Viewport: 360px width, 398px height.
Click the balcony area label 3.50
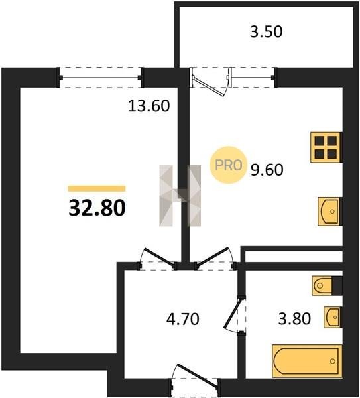point(266,33)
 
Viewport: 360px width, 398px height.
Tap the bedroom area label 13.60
point(149,106)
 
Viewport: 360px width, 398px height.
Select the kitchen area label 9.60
point(267,170)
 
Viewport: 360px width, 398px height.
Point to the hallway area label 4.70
point(183,319)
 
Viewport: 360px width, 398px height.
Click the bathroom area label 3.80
point(294,319)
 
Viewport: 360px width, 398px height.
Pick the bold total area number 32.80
point(97,208)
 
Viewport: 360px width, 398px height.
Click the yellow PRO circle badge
point(228,165)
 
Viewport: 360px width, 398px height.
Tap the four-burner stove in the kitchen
point(326,147)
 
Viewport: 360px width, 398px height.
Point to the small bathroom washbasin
point(333,317)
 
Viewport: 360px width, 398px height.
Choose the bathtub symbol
point(307,361)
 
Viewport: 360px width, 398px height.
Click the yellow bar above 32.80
point(97,188)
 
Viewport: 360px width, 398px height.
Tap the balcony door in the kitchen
point(211,82)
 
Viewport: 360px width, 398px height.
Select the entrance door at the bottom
point(194,380)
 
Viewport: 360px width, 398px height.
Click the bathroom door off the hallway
point(235,314)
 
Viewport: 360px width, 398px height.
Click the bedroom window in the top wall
point(100,78)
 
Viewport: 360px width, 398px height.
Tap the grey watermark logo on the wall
point(180,196)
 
